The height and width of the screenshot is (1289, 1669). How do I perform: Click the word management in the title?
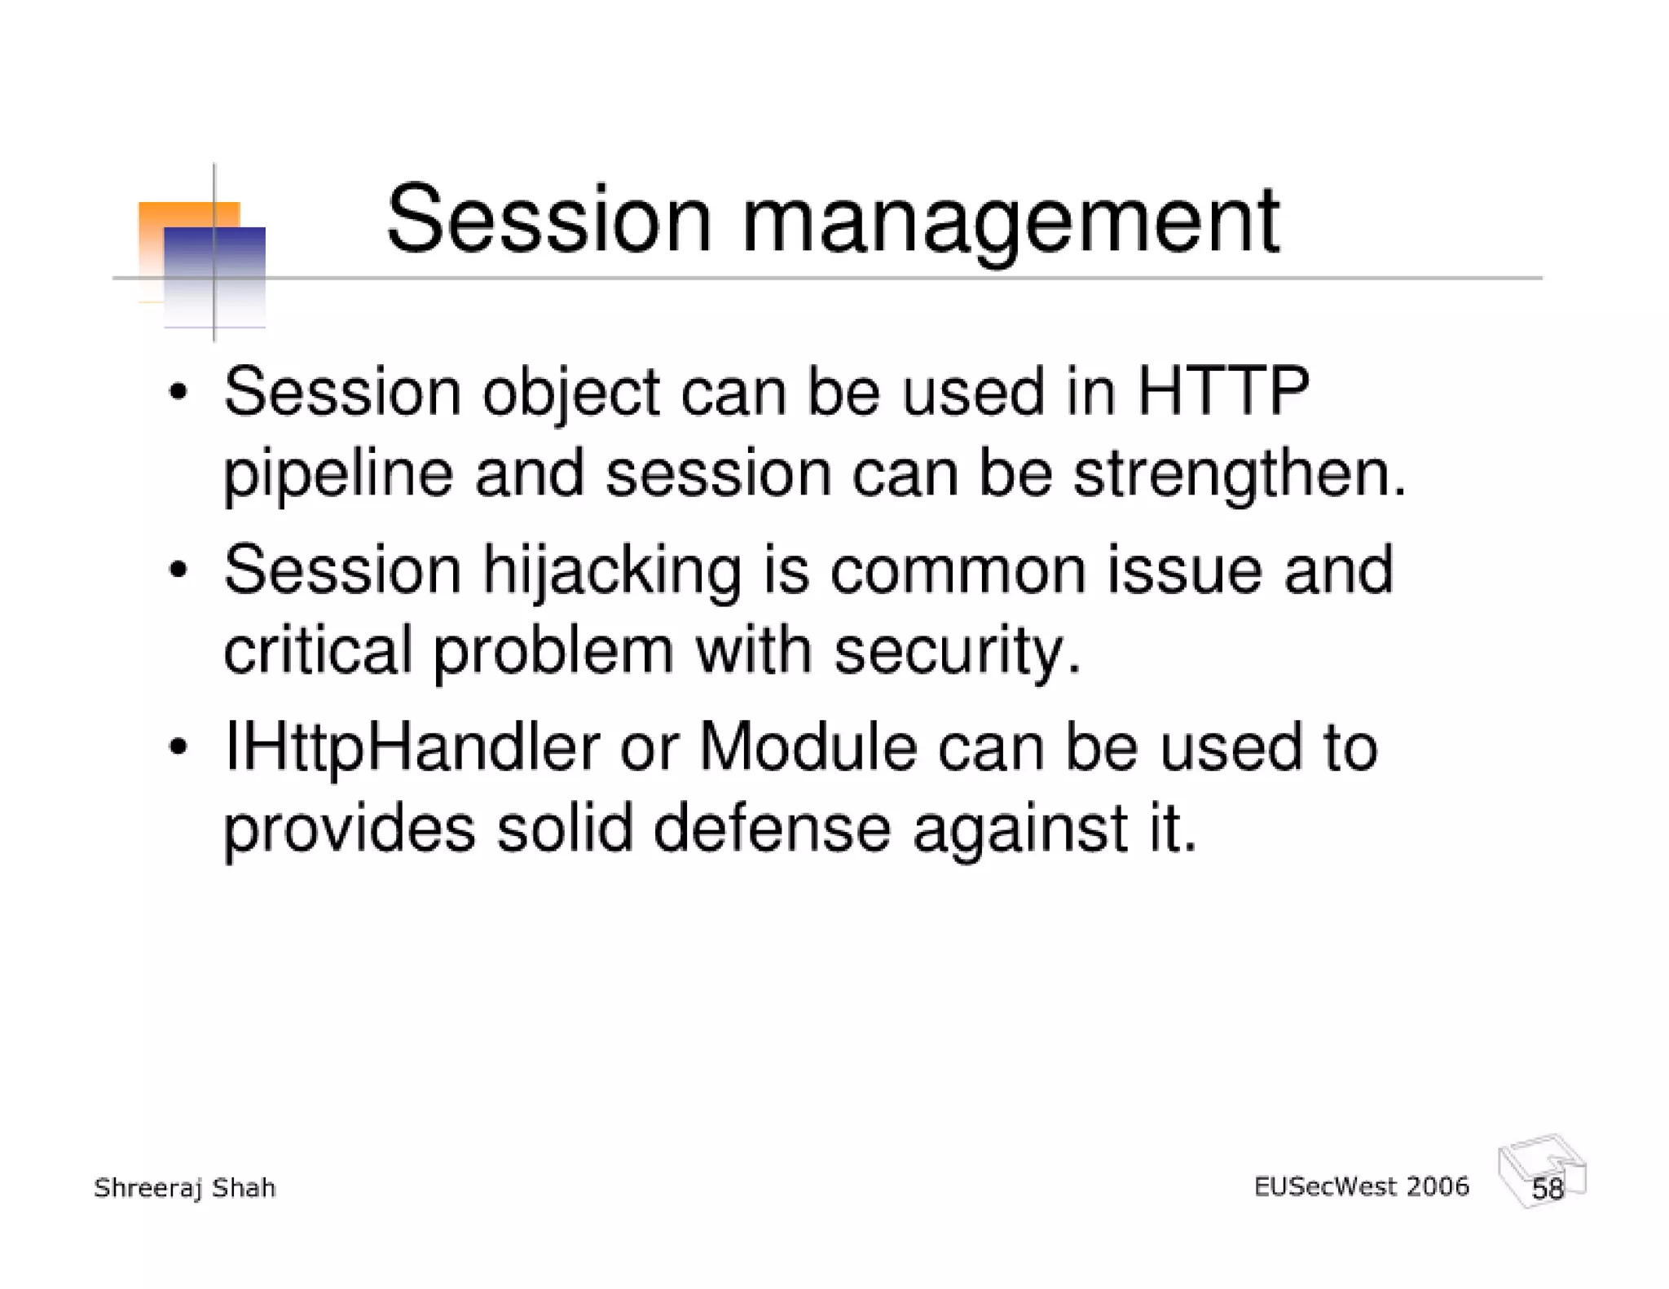1011,222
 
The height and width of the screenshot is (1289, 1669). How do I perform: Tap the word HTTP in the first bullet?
1222,393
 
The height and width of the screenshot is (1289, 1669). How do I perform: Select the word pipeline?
337,475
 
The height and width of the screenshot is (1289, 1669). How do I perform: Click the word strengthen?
1239,475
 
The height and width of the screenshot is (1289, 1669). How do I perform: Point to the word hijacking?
611,571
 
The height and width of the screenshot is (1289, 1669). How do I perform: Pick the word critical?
318,651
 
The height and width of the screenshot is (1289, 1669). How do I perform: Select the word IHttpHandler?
412,749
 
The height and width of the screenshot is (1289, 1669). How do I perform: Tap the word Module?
807,747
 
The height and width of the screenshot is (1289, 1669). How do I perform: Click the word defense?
772,829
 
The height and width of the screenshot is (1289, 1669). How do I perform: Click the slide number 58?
1548,1189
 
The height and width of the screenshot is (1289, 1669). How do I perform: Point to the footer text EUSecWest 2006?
1361,1186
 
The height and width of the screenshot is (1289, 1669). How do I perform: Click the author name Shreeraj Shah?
185,1188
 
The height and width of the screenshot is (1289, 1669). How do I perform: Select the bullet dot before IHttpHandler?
178,747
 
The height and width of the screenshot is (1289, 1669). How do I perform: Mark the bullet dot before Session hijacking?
178,570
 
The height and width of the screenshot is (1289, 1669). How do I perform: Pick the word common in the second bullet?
958,571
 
